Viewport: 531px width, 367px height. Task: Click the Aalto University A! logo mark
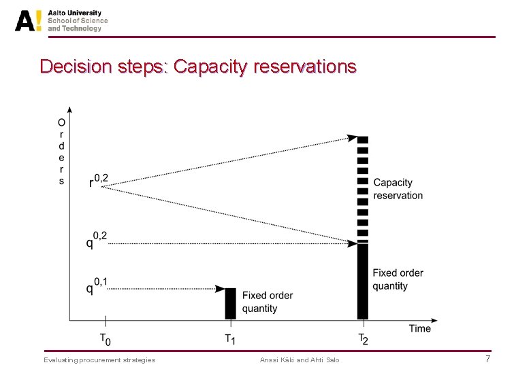pos(28,20)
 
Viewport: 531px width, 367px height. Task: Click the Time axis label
pos(419,328)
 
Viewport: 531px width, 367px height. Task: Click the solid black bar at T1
pos(230,303)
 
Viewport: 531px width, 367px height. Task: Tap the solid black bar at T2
pos(363,281)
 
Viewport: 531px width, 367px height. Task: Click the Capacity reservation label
pos(398,189)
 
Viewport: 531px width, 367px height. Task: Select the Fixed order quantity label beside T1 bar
pos(268,302)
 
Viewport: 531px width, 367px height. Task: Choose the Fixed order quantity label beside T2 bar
pos(398,279)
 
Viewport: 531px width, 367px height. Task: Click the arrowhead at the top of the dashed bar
pos(353,138)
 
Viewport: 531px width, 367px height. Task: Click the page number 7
pos(487,359)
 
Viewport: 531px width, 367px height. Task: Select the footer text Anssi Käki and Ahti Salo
pos(300,360)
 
